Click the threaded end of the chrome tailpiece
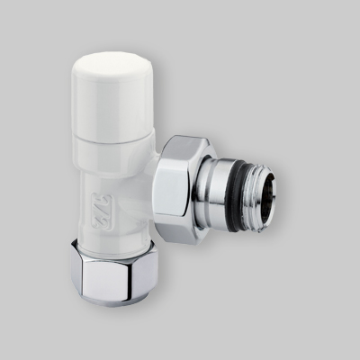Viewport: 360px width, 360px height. (x=268, y=192)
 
